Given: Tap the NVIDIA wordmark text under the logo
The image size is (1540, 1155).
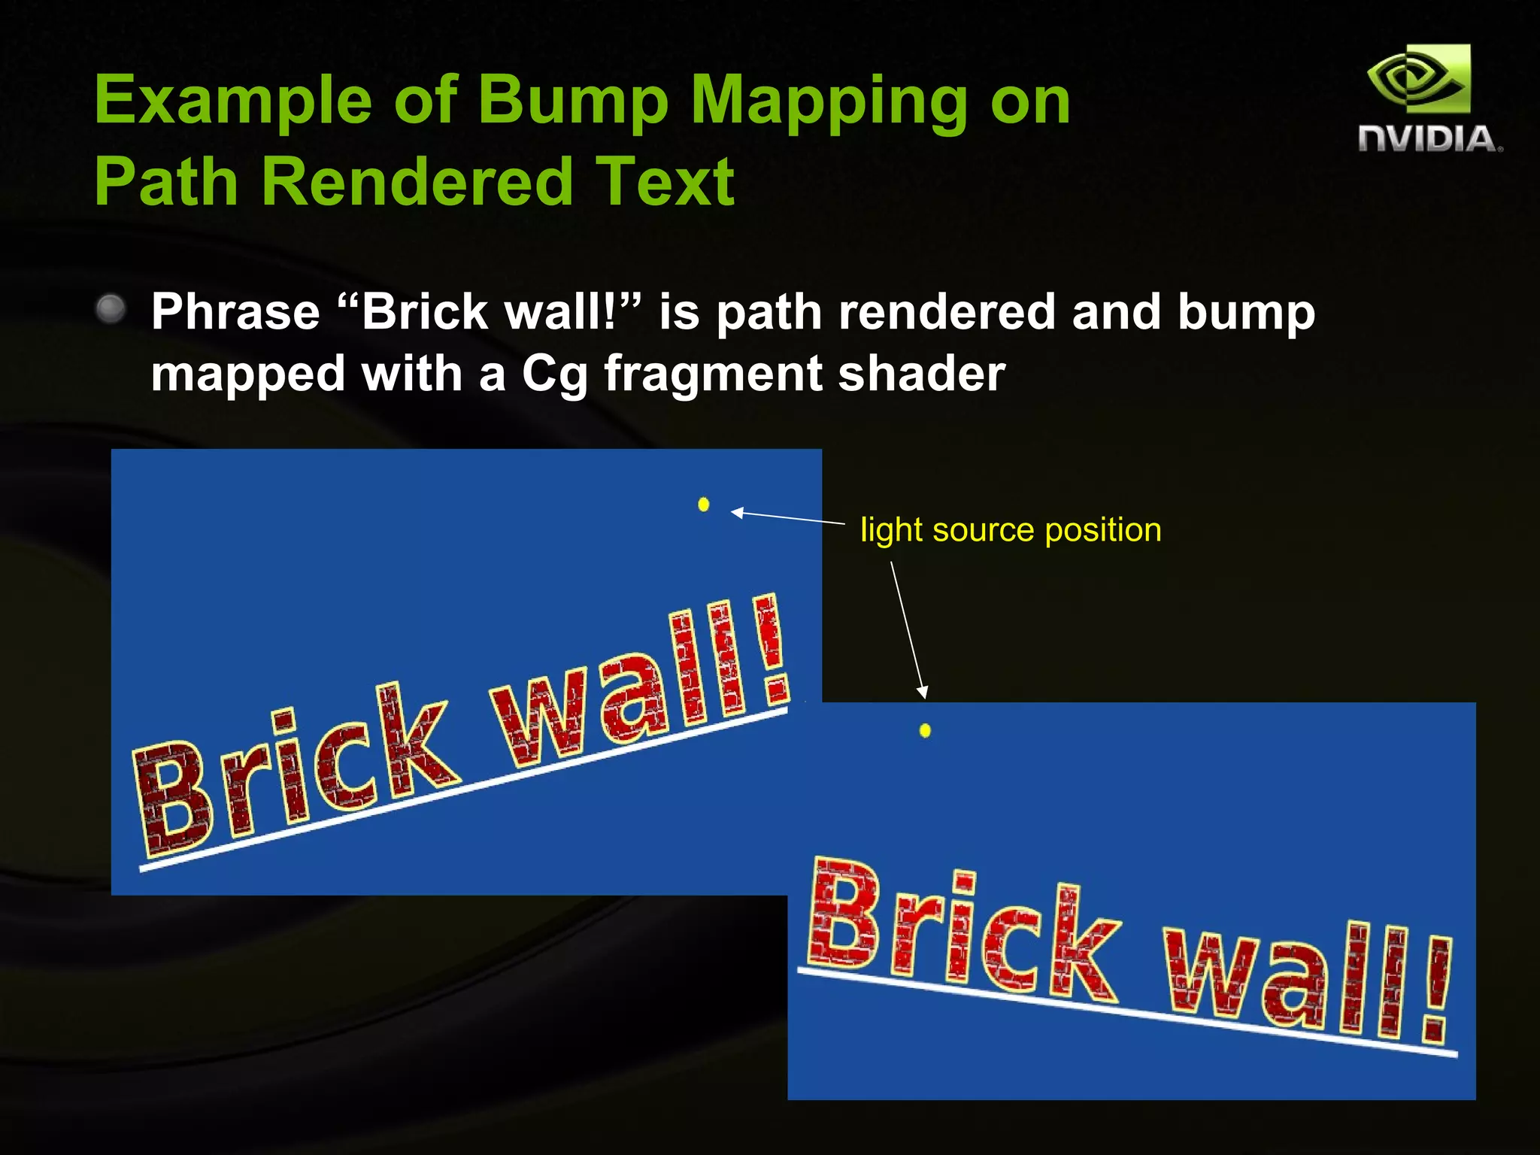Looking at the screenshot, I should pos(1429,140).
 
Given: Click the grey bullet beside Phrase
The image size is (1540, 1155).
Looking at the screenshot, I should pos(111,309).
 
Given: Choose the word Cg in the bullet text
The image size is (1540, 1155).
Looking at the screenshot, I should pos(554,374).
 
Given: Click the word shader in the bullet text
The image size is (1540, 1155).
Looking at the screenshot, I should pos(921,373).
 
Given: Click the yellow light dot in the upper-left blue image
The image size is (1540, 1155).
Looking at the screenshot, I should pos(704,505).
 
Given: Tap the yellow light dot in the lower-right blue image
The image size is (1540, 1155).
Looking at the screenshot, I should pos(925,730).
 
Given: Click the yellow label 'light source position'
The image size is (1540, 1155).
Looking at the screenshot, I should pos(1011,530).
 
